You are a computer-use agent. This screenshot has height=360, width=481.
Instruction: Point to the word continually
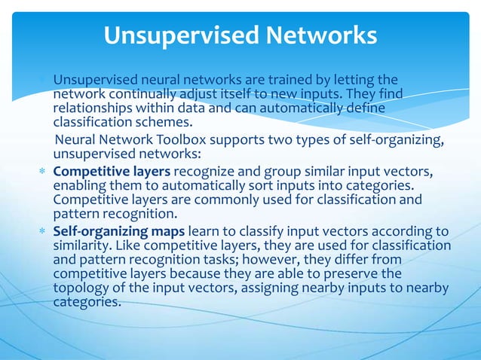pyautogui.click(x=139, y=94)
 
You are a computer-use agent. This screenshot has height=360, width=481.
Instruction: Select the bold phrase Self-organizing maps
pyautogui.click(x=119, y=231)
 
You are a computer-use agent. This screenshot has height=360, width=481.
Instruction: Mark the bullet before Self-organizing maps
pyautogui.click(x=44, y=232)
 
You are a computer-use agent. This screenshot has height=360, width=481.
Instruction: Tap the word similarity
pyautogui.click(x=78, y=246)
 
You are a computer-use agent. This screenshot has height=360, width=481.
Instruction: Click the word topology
pyautogui.click(x=78, y=288)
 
